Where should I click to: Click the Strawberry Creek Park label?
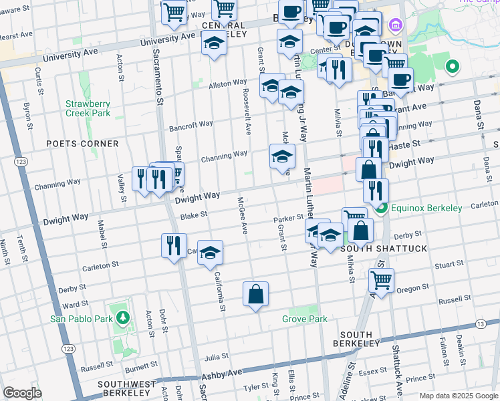tap(87, 108)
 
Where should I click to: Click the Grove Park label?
tap(305, 319)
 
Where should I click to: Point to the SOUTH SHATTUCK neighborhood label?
tap(374, 249)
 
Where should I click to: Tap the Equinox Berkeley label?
tap(426, 208)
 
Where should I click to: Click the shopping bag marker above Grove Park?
tap(255, 294)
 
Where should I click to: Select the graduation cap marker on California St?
tap(210, 253)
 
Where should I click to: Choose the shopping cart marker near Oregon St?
tap(381, 280)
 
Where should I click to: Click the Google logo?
tap(23, 393)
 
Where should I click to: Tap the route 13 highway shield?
tap(481, 323)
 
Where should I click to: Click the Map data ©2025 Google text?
tap(458, 396)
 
